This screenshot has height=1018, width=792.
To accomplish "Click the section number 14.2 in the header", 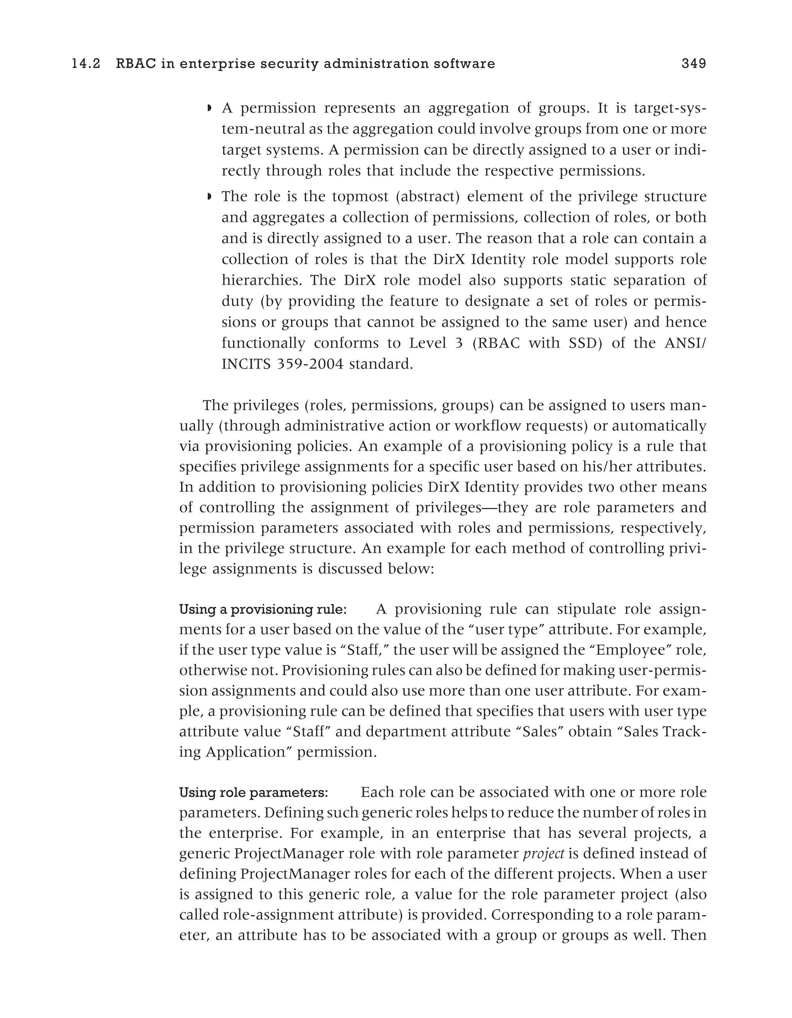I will tap(86, 64).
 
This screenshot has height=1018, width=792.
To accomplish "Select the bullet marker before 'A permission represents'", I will tap(209, 109).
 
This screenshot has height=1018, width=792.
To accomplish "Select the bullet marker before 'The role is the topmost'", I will tap(209, 197).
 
